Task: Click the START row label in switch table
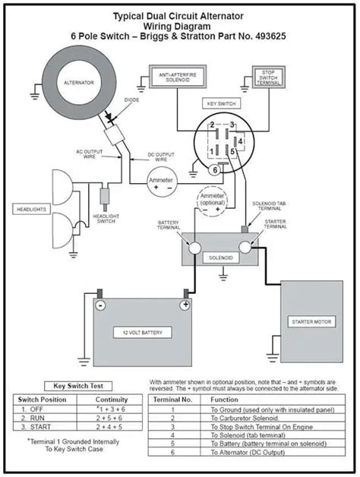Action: tap(39, 428)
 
